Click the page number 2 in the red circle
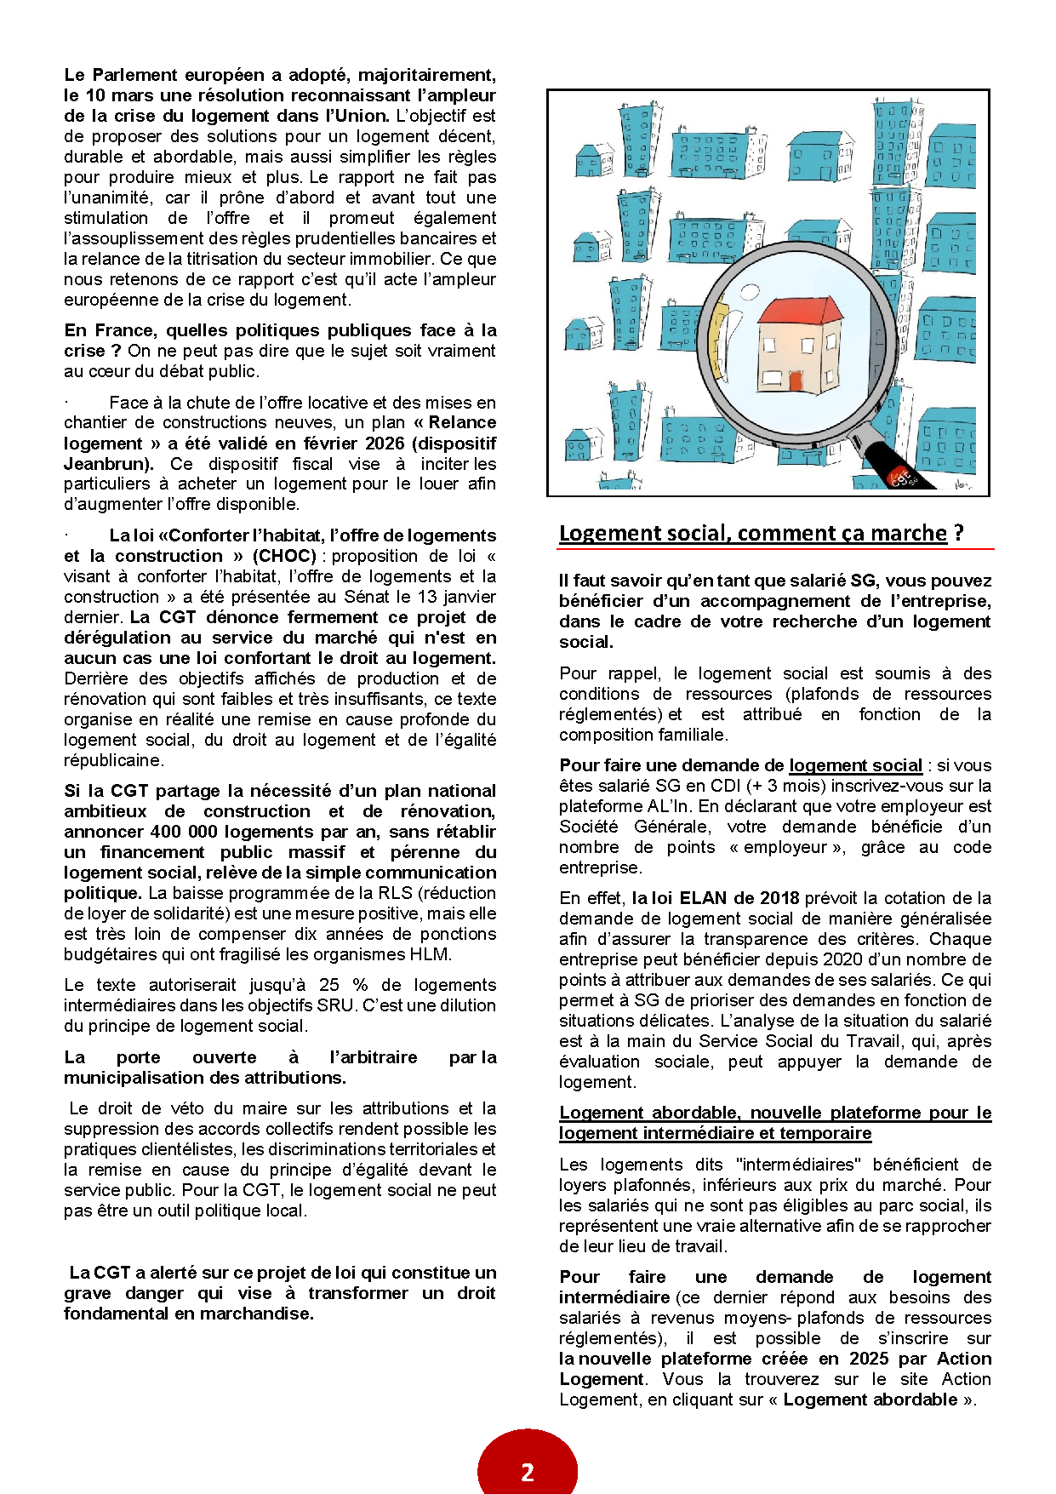(x=528, y=1472)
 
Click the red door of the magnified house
(x=796, y=381)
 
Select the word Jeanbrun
(x=107, y=464)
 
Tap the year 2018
(x=778, y=898)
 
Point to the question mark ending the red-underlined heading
(x=959, y=534)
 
